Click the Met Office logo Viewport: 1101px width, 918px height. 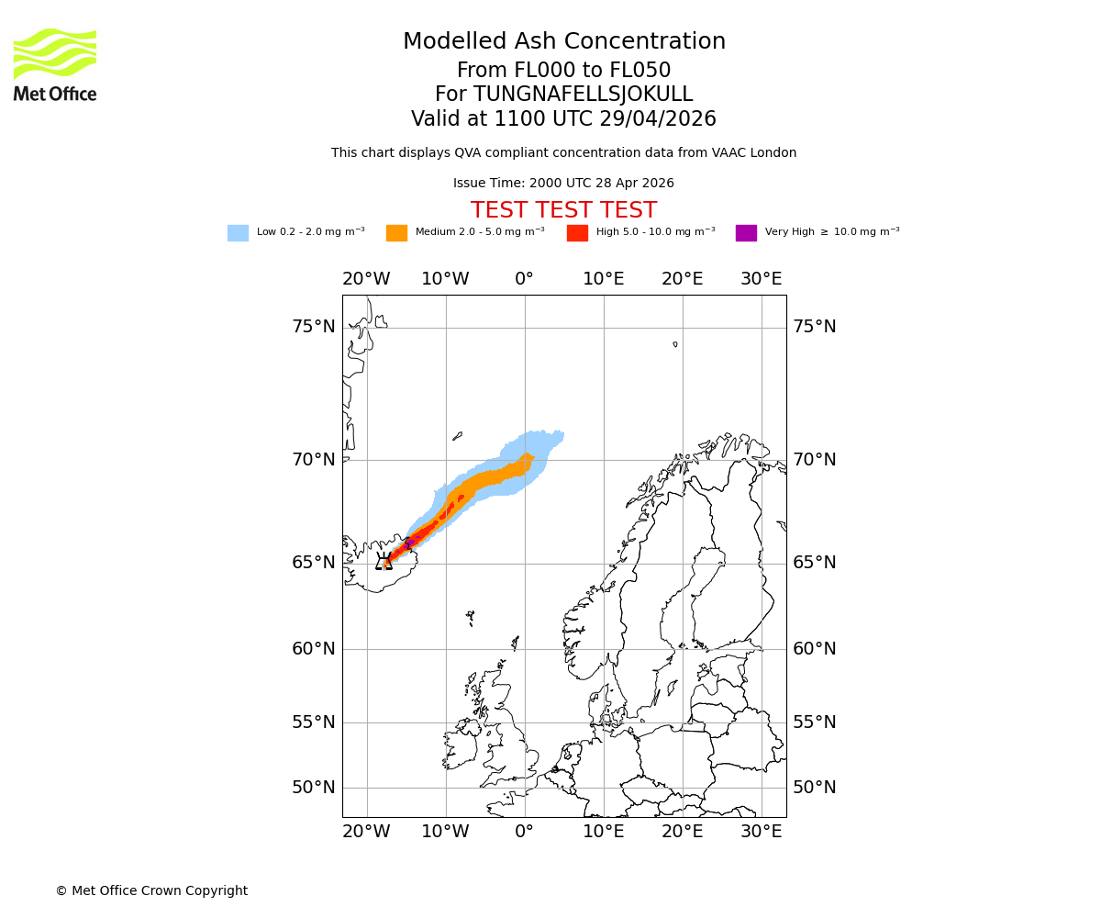pyautogui.click(x=55, y=64)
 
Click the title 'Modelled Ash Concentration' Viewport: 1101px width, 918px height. pyautogui.click(x=563, y=42)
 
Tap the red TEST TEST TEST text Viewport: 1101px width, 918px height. pyautogui.click(x=563, y=210)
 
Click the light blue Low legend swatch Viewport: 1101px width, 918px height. pyautogui.click(x=238, y=233)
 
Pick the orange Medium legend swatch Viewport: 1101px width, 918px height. pyautogui.click(x=396, y=233)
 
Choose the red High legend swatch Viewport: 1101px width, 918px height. pyautogui.click(x=577, y=233)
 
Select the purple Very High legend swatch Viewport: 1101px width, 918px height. pyautogui.click(x=746, y=233)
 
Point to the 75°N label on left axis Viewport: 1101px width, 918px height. pyautogui.click(x=314, y=327)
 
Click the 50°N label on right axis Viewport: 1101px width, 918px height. pyautogui.click(x=815, y=788)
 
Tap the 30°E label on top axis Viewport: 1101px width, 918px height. pyautogui.click(x=762, y=279)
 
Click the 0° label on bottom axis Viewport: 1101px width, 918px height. pyautogui.click(x=524, y=832)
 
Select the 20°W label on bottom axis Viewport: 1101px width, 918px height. pyautogui.click(x=366, y=832)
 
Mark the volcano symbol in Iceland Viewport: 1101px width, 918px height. pyautogui.click(x=384, y=561)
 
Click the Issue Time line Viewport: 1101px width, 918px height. pyautogui.click(x=563, y=184)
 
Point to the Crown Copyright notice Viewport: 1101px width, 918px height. pyautogui.click(x=151, y=890)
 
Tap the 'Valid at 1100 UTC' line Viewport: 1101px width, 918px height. pyautogui.click(x=563, y=119)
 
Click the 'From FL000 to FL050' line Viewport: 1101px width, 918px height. pyautogui.click(x=563, y=71)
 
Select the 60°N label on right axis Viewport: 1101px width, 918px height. pyautogui.click(x=815, y=649)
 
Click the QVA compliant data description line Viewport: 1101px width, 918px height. pyautogui.click(x=563, y=153)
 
